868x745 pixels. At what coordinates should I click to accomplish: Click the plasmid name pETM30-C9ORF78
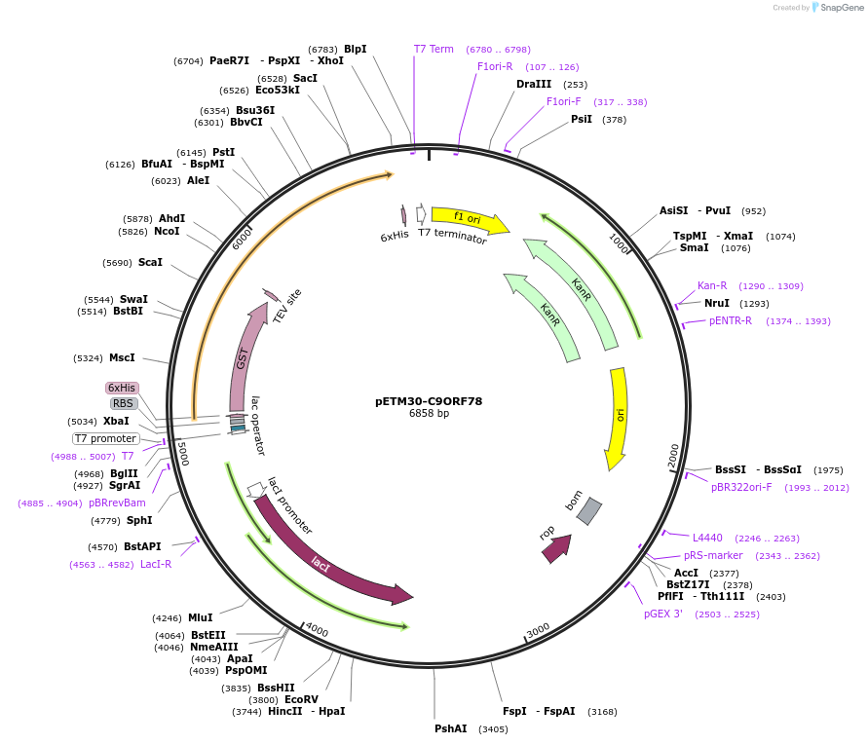click(x=429, y=400)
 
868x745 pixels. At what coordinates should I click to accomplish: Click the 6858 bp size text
click(x=429, y=414)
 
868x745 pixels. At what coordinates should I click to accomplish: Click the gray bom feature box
click(x=589, y=511)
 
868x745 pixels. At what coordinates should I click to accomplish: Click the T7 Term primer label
click(x=434, y=49)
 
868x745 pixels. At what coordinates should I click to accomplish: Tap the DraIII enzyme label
click(x=534, y=84)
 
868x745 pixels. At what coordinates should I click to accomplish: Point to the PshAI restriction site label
click(x=451, y=728)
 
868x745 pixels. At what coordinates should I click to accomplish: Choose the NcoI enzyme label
click(x=167, y=231)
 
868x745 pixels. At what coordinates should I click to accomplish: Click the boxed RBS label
click(x=123, y=403)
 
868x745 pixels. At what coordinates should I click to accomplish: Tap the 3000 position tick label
click(x=538, y=630)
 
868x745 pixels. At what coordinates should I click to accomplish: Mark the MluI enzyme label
click(x=201, y=617)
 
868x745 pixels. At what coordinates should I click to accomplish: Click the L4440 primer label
click(x=707, y=538)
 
